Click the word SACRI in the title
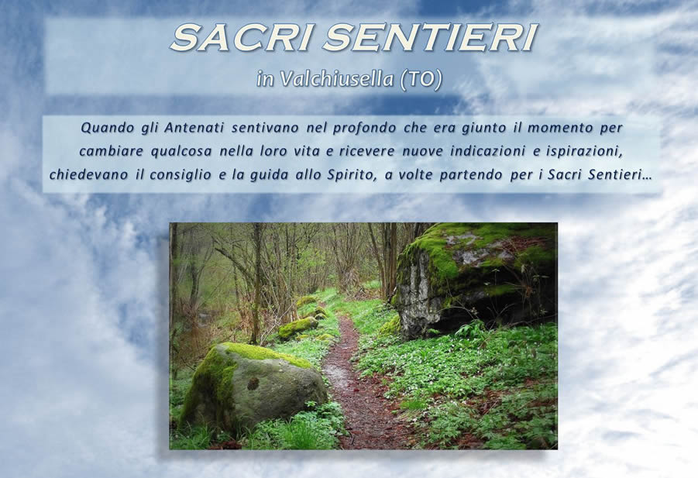pyautogui.click(x=240, y=37)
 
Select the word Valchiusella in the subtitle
pyautogui.click(x=337, y=79)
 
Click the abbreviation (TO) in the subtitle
pyautogui.click(x=421, y=80)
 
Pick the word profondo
pyautogui.click(x=364, y=128)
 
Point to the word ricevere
pyautogui.click(x=366, y=152)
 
